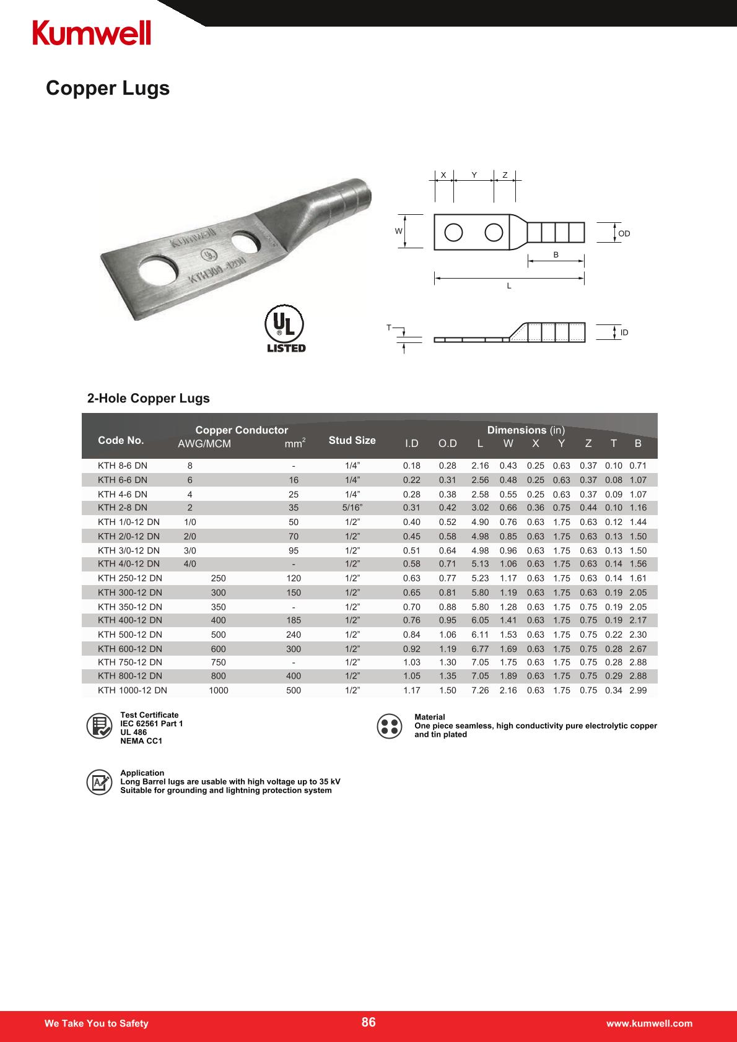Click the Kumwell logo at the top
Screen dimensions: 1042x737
pyautogui.click(x=92, y=33)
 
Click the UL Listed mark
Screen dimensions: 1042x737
pyautogui.click(x=285, y=330)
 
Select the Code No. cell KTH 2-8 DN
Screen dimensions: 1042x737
pyautogui.click(x=123, y=508)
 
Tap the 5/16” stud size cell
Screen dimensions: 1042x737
pyautogui.click(x=352, y=508)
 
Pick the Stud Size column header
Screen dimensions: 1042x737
pyautogui.click(x=352, y=440)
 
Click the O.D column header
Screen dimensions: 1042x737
pyautogui.click(x=447, y=443)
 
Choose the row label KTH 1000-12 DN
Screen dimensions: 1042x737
pyautogui.click(x=133, y=690)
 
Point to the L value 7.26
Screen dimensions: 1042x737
pyautogui.click(x=480, y=690)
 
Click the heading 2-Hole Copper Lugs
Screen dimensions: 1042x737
pyautogui.click(x=149, y=398)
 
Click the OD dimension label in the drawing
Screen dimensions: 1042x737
pyautogui.click(x=624, y=233)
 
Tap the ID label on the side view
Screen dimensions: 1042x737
pyautogui.click(x=624, y=332)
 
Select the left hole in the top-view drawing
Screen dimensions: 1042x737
pyautogui.click(x=453, y=232)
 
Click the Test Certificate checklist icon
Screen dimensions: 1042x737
pyautogui.click(x=99, y=727)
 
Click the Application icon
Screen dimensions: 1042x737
pyautogui.click(x=99, y=782)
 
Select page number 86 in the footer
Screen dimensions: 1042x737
pyautogui.click(x=368, y=1022)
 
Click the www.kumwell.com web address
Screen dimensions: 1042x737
pyautogui.click(x=649, y=1023)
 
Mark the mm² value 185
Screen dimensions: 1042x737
pyautogui.click(x=294, y=620)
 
